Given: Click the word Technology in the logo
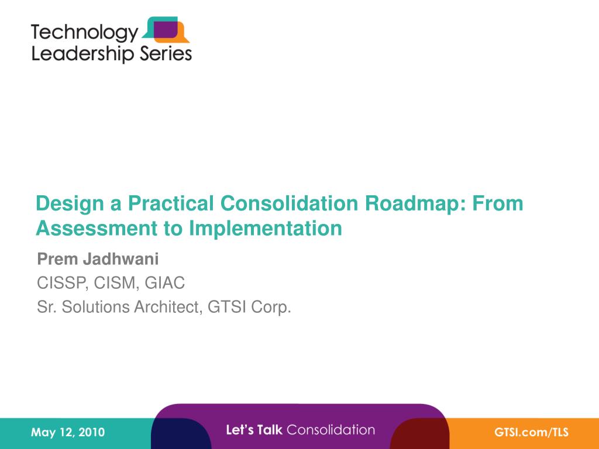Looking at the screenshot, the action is (84, 33).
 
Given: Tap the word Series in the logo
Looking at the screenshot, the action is (166, 53).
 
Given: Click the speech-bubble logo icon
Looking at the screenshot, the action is (166, 29).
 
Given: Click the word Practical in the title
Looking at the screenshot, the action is (171, 203).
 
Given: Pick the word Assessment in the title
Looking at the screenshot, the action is (97, 229).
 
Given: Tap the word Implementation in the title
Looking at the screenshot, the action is (266, 229).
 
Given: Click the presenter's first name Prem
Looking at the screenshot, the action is (58, 259).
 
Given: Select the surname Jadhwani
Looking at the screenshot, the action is (121, 259).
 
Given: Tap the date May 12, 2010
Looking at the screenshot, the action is (68, 432).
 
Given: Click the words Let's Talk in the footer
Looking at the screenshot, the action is (254, 430).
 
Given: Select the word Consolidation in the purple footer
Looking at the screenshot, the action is (331, 430).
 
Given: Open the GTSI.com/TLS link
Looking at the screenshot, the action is (531, 432).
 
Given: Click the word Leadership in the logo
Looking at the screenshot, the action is (82, 53).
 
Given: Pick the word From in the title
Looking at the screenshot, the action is (498, 203).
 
